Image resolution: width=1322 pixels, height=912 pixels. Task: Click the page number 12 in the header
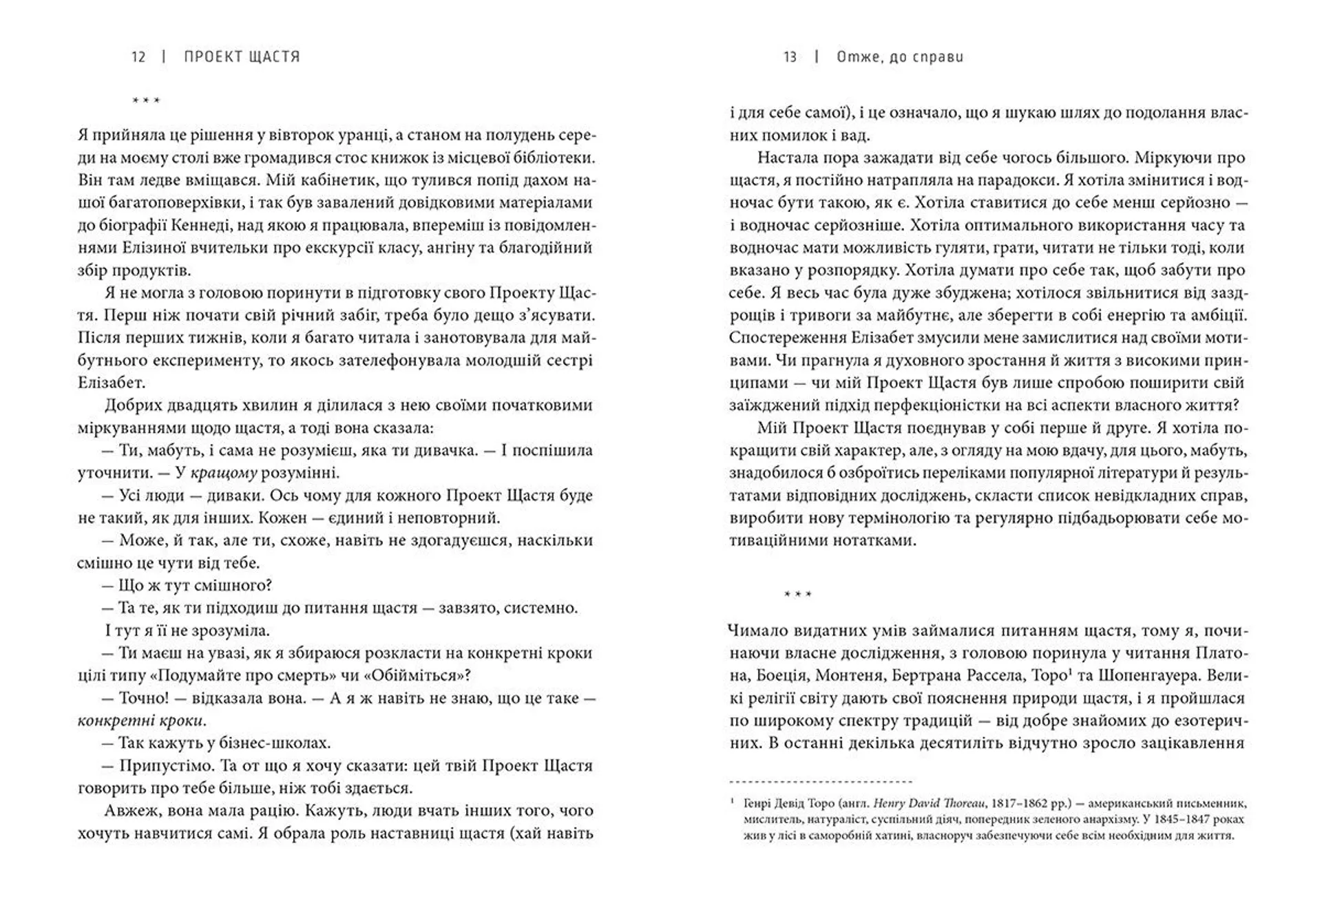pyautogui.click(x=138, y=56)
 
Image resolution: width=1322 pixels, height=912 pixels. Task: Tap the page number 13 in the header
pyautogui.click(x=790, y=56)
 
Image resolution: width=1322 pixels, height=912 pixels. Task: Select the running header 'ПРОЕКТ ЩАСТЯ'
pyautogui.click(x=242, y=56)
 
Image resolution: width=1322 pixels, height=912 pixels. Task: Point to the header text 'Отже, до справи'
pyautogui.click(x=900, y=56)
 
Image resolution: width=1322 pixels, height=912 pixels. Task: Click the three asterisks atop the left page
pyautogui.click(x=146, y=101)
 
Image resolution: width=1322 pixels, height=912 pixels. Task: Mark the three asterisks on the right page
pyautogui.click(x=798, y=594)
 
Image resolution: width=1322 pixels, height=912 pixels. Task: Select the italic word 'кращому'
pyautogui.click(x=224, y=473)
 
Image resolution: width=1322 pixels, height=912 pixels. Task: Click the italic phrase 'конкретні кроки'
pyautogui.click(x=140, y=721)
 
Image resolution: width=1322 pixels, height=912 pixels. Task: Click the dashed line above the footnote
pyautogui.click(x=821, y=781)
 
